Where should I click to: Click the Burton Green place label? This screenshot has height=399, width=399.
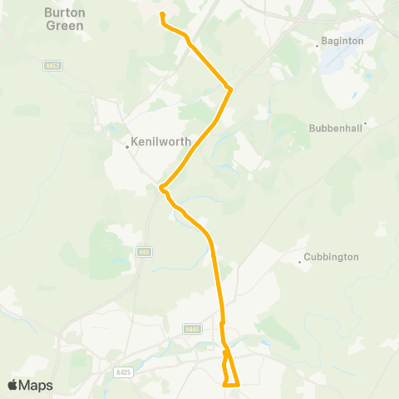click(x=65, y=20)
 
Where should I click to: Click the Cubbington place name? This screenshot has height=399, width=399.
click(x=331, y=257)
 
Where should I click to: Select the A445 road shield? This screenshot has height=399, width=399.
click(x=192, y=330)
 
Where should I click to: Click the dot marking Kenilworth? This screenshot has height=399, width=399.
click(x=126, y=147)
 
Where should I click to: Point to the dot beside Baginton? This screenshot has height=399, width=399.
click(x=318, y=47)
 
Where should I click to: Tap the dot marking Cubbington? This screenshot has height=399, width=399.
click(x=300, y=263)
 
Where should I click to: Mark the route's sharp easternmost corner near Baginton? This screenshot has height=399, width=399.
click(x=230, y=89)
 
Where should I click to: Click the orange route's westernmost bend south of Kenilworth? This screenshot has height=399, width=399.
click(x=161, y=189)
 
